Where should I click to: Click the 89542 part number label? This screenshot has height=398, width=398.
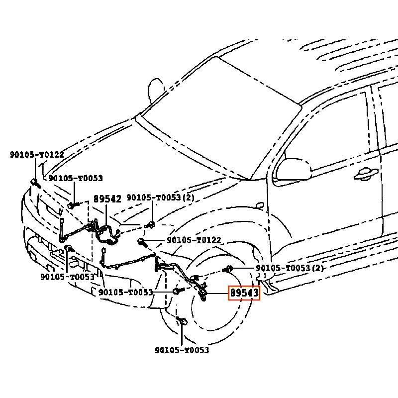pos(107,199)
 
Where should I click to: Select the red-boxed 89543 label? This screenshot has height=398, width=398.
pos(244,294)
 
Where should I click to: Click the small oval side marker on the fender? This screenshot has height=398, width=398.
pos(259,205)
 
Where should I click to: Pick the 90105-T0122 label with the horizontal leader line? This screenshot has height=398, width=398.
pos(194,240)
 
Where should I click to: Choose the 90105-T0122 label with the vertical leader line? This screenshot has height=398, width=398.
pos(36,155)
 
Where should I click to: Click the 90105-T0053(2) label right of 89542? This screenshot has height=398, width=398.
pos(160,198)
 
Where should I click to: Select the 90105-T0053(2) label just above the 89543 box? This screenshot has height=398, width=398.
pos(290,269)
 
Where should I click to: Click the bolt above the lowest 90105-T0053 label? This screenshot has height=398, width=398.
pos(182,320)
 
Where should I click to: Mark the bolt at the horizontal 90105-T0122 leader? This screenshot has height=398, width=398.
pos(141,242)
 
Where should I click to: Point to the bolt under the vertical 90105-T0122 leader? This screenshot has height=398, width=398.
pos(34,182)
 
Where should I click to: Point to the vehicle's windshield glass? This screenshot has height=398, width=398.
pos(219,119)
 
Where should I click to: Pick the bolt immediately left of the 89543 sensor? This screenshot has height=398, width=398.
pos(177,291)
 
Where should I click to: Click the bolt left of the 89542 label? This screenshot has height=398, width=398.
pos(73,204)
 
